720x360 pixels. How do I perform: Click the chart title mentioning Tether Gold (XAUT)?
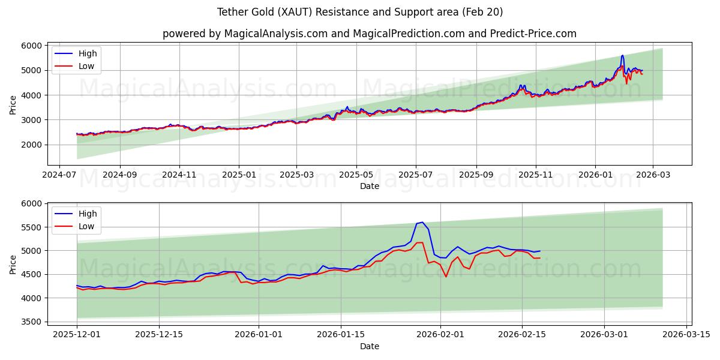pyautogui.click(x=360, y=12)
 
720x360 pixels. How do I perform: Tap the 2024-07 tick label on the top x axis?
pyautogui.click(x=59, y=175)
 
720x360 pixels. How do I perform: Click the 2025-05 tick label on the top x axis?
pyautogui.click(x=356, y=175)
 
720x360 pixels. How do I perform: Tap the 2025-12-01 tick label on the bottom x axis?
pyautogui.click(x=77, y=334)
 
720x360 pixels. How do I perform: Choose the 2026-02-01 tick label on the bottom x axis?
pyautogui.click(x=440, y=334)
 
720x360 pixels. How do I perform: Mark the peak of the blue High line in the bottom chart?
pyautogui.click(x=422, y=222)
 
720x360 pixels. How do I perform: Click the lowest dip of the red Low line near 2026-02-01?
pyautogui.click(x=446, y=277)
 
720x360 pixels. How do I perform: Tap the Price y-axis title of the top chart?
pyautogui.click(x=13, y=105)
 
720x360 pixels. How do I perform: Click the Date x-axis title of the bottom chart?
pyautogui.click(x=369, y=346)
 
